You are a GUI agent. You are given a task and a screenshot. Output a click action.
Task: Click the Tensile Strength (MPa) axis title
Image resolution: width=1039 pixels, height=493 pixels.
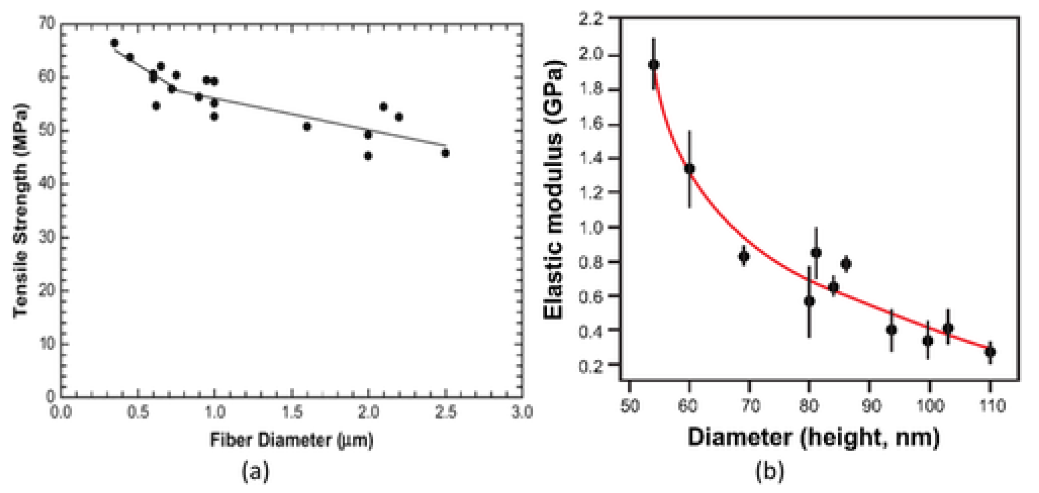(x=21, y=210)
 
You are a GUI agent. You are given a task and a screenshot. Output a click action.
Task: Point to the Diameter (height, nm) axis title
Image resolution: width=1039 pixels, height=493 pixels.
(x=813, y=437)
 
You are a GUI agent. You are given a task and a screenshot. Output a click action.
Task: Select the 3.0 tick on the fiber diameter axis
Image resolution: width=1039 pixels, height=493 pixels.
(x=522, y=413)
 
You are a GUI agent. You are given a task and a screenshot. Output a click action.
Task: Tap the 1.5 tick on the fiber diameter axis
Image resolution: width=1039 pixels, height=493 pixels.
(x=292, y=413)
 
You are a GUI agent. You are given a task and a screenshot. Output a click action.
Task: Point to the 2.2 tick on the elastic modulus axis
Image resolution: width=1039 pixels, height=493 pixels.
(x=591, y=19)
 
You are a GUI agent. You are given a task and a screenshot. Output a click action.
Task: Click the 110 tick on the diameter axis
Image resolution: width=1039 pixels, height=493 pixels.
(x=990, y=406)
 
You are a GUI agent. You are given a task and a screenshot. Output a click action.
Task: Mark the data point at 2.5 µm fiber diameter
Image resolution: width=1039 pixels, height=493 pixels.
(x=445, y=153)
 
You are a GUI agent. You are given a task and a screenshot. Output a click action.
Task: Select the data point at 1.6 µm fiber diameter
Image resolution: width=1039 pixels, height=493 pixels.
(x=307, y=126)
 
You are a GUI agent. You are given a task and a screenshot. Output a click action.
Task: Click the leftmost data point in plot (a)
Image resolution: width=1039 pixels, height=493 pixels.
(x=114, y=43)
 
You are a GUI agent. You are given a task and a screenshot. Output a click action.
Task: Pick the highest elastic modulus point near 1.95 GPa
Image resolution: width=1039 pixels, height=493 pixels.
(x=653, y=65)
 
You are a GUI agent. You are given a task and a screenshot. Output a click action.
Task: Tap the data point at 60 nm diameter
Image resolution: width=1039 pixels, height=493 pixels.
(x=689, y=169)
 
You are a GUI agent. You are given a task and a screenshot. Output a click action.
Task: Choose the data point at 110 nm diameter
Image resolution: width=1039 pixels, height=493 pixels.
(x=990, y=352)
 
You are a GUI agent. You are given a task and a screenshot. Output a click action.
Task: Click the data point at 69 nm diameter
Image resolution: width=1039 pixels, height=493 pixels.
(x=744, y=257)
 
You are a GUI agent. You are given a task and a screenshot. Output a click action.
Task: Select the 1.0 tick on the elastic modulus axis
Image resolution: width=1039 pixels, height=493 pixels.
(x=591, y=227)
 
